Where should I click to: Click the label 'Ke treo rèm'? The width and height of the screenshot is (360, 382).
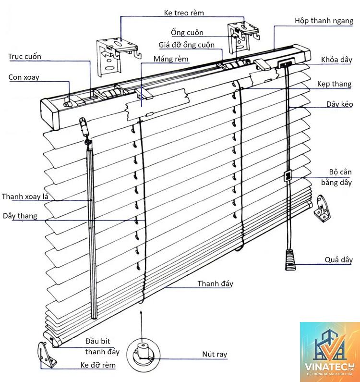point(184,12)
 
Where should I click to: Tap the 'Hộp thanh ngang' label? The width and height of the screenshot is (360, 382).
point(324,21)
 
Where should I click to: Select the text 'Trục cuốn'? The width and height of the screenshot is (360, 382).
point(24,57)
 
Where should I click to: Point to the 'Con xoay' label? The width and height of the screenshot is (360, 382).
point(24,77)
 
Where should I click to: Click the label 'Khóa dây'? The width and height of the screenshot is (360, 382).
point(336,60)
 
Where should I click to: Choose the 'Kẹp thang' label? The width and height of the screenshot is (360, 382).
point(334,84)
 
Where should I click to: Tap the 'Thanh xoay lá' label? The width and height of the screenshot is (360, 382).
point(25,197)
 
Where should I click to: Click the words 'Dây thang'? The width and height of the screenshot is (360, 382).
point(20,216)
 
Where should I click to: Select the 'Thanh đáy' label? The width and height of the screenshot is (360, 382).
point(215,283)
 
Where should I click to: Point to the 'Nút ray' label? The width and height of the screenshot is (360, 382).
point(215,354)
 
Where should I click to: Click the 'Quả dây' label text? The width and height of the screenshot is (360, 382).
point(338,259)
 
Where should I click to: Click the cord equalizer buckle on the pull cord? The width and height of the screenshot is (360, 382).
point(288,176)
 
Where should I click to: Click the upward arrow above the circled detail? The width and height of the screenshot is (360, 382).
point(141,326)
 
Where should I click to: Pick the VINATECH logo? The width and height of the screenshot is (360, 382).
point(330,352)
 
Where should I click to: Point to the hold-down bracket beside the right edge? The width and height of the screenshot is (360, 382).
point(322,209)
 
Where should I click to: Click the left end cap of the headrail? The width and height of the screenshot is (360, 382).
point(50,114)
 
